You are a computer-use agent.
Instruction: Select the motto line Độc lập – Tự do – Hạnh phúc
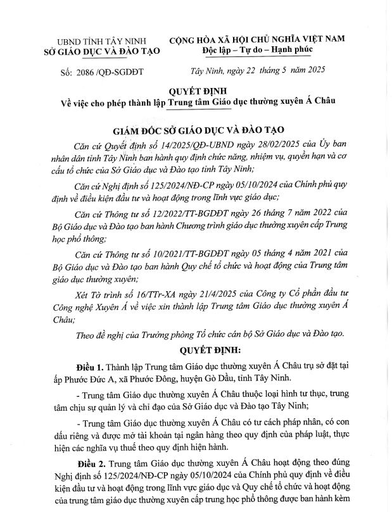[x=256, y=49]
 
